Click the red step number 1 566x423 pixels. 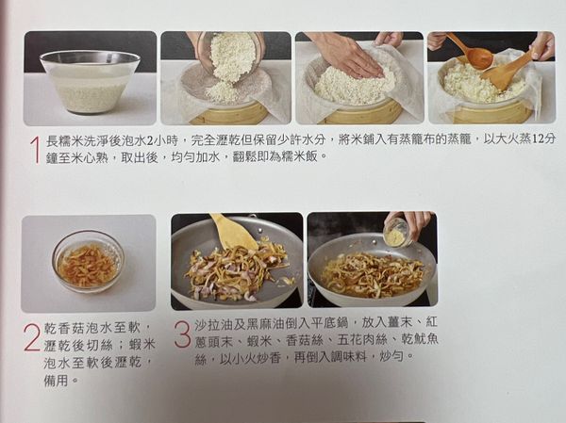coord(35,150)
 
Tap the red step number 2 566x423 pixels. coord(31,338)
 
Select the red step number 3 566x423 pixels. coord(183,334)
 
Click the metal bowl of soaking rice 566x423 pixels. coord(90,82)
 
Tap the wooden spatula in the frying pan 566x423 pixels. coord(234,232)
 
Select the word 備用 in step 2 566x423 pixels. coord(57,380)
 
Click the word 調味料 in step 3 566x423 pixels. coord(349,357)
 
